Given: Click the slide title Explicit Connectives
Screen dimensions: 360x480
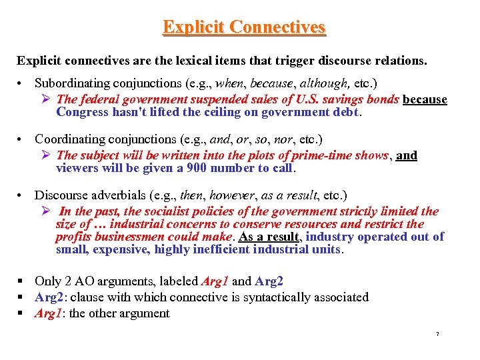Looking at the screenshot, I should (x=244, y=27).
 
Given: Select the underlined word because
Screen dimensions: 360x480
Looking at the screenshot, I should (x=425, y=99).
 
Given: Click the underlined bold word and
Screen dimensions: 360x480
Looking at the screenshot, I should (x=407, y=155).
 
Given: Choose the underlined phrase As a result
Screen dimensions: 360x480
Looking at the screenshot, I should (x=269, y=237).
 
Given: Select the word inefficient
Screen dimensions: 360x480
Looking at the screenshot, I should (x=228, y=249).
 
